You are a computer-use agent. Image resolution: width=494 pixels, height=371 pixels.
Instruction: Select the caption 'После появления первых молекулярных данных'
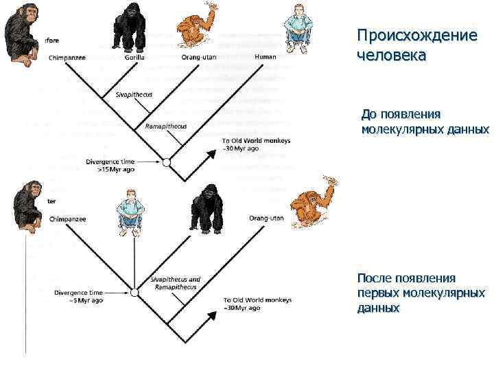point(421,293)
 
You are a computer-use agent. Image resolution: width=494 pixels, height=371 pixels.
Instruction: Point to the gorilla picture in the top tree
point(129,26)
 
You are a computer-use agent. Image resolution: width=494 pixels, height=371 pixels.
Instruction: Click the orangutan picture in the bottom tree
point(313,201)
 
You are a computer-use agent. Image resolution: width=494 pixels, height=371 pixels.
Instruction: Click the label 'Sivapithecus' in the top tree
point(134,94)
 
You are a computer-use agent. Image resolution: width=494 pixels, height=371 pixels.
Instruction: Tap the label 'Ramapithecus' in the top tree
point(166,126)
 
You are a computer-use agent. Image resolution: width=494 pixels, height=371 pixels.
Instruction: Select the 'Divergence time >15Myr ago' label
point(110,165)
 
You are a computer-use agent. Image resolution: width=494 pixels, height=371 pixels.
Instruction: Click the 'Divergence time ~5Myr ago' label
point(79,296)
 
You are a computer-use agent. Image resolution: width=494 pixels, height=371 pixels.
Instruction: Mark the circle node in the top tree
point(165,162)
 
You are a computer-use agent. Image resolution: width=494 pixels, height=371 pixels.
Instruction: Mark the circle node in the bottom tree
point(134,293)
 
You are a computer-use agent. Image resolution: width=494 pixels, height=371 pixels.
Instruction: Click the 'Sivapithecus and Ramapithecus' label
point(175,283)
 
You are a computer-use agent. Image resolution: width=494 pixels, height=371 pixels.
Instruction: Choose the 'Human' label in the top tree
point(266,57)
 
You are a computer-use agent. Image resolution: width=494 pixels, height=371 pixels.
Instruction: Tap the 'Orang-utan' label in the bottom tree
point(266,218)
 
